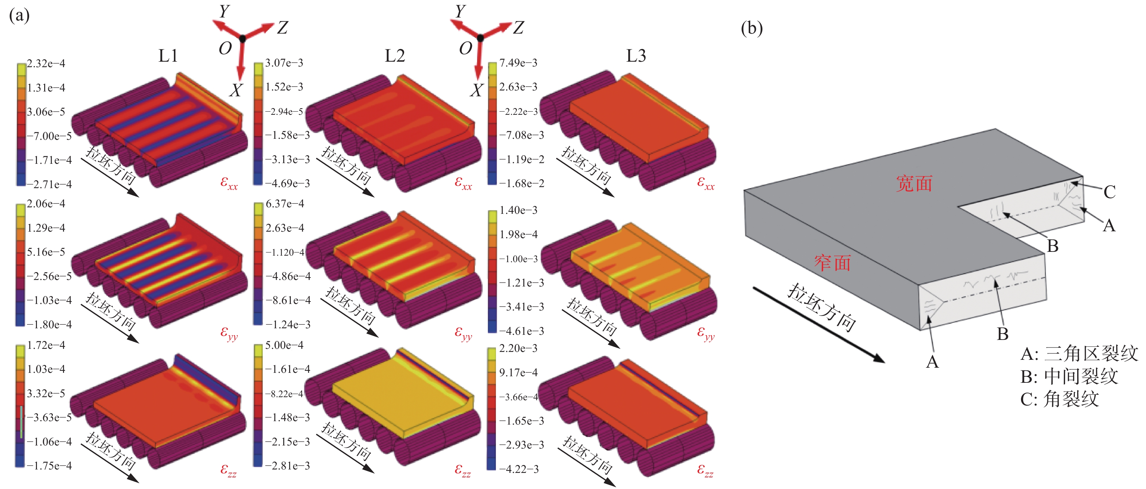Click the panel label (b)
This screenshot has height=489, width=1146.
pyautogui.click(x=751, y=28)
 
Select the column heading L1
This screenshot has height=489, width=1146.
pyautogui.click(x=168, y=56)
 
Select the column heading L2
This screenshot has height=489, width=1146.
pyautogui.click(x=395, y=56)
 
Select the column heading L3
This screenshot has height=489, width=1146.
pyautogui.click(x=636, y=56)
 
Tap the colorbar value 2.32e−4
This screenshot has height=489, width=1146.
pyautogui.click(x=46, y=64)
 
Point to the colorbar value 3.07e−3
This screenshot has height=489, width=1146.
pyautogui.click(x=284, y=63)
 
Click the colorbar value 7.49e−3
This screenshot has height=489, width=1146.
pyautogui.click(x=518, y=63)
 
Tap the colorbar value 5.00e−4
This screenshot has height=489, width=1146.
pyautogui.click(x=284, y=345)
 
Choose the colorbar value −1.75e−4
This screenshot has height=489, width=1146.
pyautogui.click(x=49, y=466)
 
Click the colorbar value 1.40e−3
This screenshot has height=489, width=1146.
pyautogui.click(x=518, y=210)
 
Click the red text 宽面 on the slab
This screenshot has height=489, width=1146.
pyautogui.click(x=914, y=183)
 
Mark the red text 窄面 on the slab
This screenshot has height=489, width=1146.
pyautogui.click(x=832, y=262)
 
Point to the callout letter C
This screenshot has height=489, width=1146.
pyautogui.click(x=1109, y=192)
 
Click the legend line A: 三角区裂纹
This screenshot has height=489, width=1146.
pyautogui.click(x=1079, y=354)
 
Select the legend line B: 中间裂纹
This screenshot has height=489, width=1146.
pyautogui.click(x=1069, y=376)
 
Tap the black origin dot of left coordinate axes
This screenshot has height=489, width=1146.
pyautogui.click(x=242, y=39)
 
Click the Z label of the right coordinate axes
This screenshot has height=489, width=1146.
pyautogui.click(x=518, y=28)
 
